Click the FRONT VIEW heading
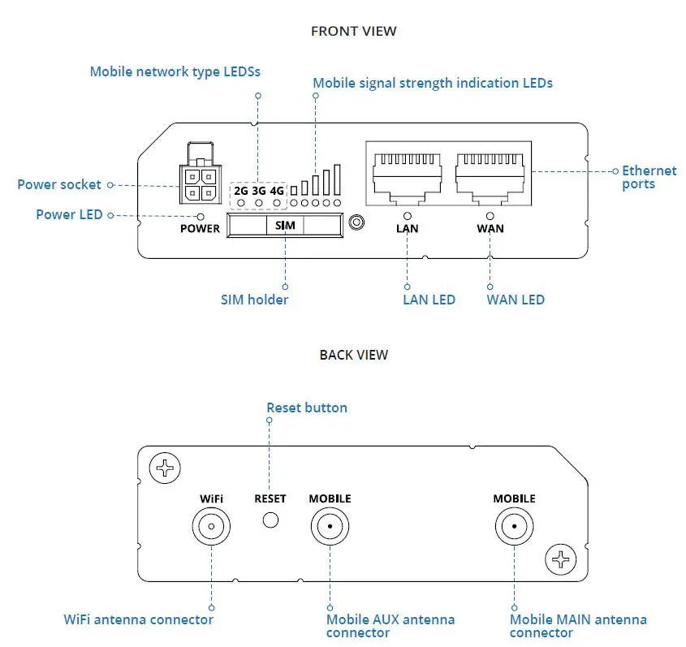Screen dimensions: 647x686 click(x=354, y=31)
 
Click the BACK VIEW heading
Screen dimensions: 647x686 click(x=354, y=355)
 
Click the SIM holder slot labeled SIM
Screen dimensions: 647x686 click(x=285, y=226)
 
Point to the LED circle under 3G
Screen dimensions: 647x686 click(x=259, y=201)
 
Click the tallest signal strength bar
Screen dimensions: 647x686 click(x=337, y=179)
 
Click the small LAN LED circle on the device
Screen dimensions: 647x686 click(x=407, y=216)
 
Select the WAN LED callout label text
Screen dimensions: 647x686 click(x=516, y=300)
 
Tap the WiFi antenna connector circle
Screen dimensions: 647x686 click(x=211, y=527)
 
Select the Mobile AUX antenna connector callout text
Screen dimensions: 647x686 click(x=390, y=626)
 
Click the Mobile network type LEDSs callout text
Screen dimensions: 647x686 click(x=175, y=71)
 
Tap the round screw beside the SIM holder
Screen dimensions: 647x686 click(x=355, y=222)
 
